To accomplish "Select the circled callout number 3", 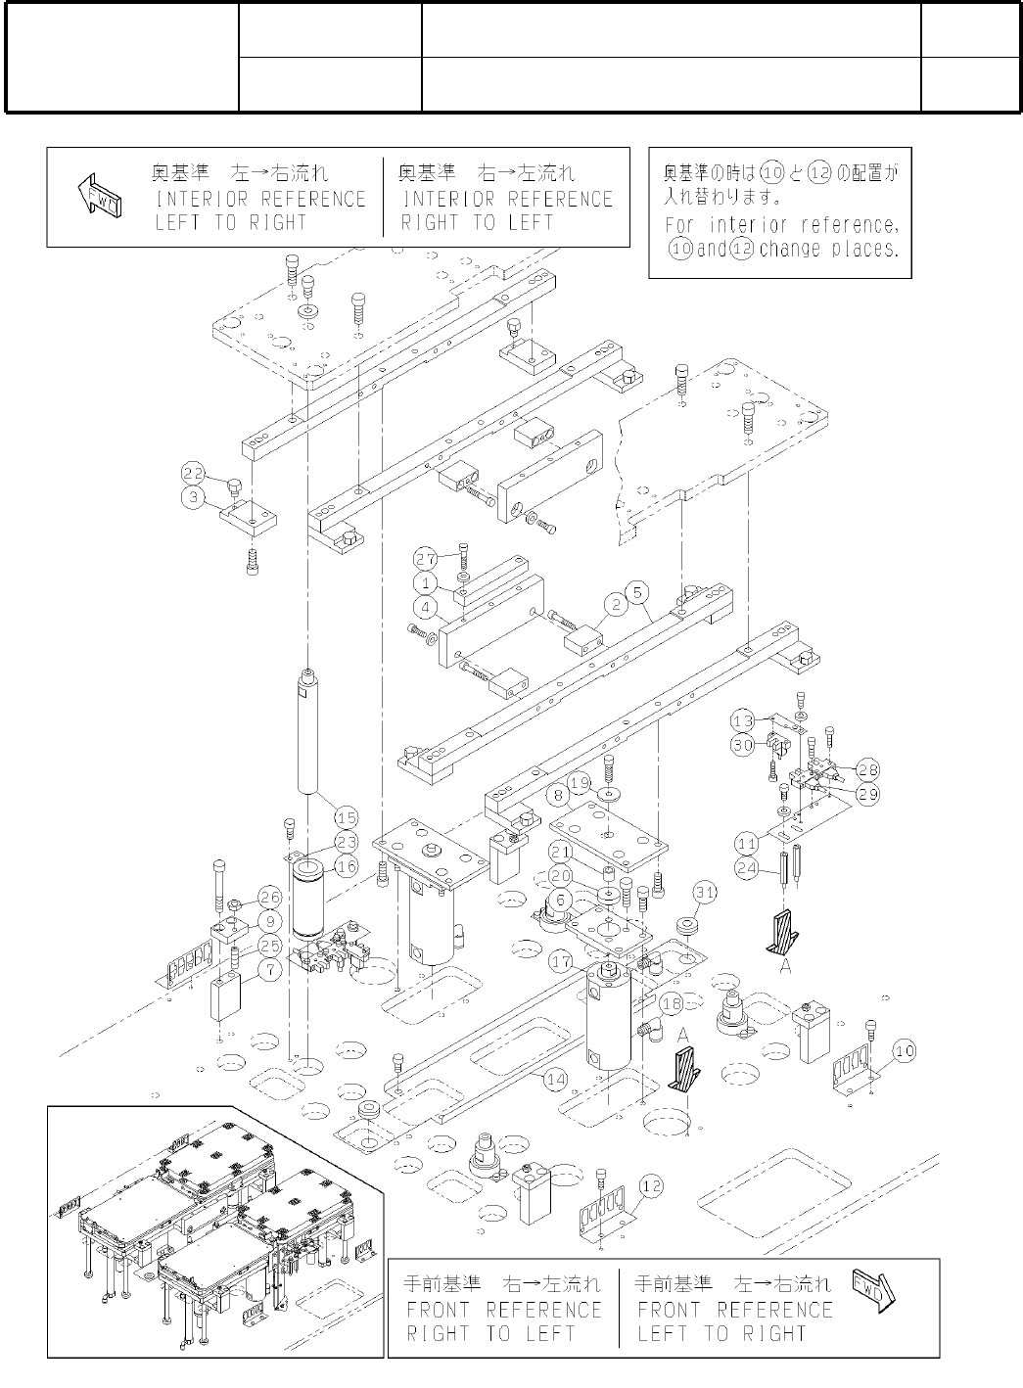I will tap(192, 496).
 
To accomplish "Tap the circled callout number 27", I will tap(425, 559).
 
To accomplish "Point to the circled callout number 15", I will tap(346, 817).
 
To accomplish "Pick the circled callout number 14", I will tap(555, 1080).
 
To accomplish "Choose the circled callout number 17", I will tap(562, 962).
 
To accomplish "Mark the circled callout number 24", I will tap(748, 866).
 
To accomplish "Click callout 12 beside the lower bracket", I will tap(652, 1186).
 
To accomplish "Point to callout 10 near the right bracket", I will tap(904, 1051).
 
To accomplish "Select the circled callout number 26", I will tap(270, 898).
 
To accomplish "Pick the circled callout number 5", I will tap(637, 591).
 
